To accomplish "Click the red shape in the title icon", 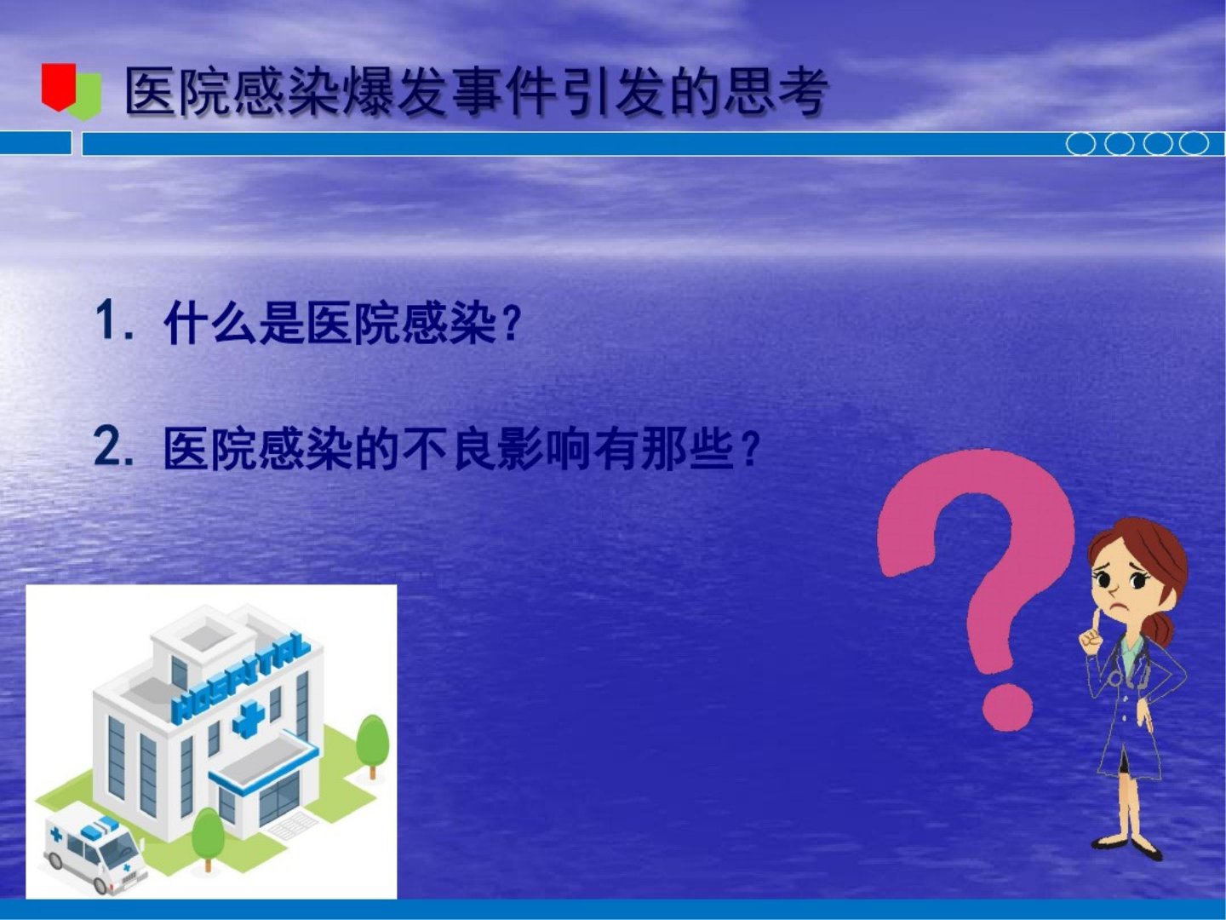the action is point(59,87).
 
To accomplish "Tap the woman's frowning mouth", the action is point(1115,606).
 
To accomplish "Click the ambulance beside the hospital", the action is point(92,852).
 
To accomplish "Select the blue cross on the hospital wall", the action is point(249,719).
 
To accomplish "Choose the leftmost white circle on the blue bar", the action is point(1080,144).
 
